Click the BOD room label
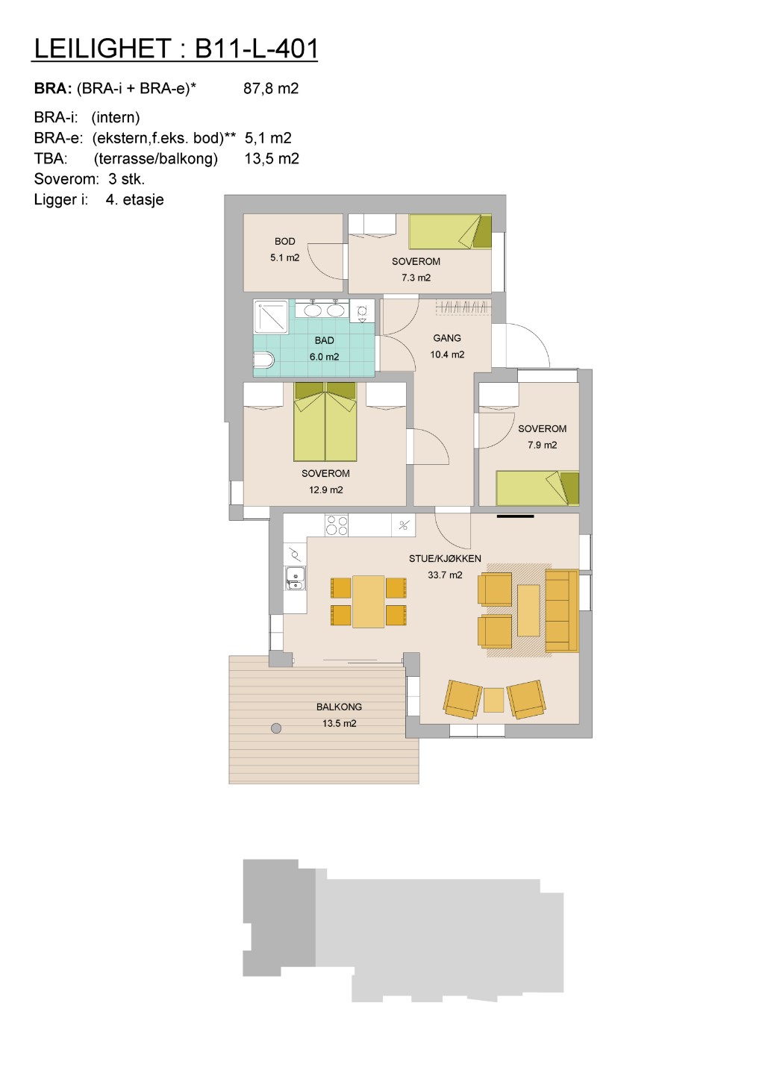point(284,242)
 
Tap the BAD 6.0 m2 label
point(324,348)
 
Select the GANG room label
point(447,338)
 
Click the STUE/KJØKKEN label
point(445,559)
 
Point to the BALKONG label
point(340,707)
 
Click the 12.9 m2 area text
point(326,490)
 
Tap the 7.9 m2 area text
point(543,445)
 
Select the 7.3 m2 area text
point(416,278)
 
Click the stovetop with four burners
point(337,525)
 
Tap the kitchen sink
point(295,578)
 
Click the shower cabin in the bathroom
point(271,316)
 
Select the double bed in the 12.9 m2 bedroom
point(325,422)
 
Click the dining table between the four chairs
point(368,601)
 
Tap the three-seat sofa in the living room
point(562,611)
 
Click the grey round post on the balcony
point(276,728)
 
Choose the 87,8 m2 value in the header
point(271,88)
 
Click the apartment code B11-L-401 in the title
point(256,49)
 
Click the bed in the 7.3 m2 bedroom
point(450,232)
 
